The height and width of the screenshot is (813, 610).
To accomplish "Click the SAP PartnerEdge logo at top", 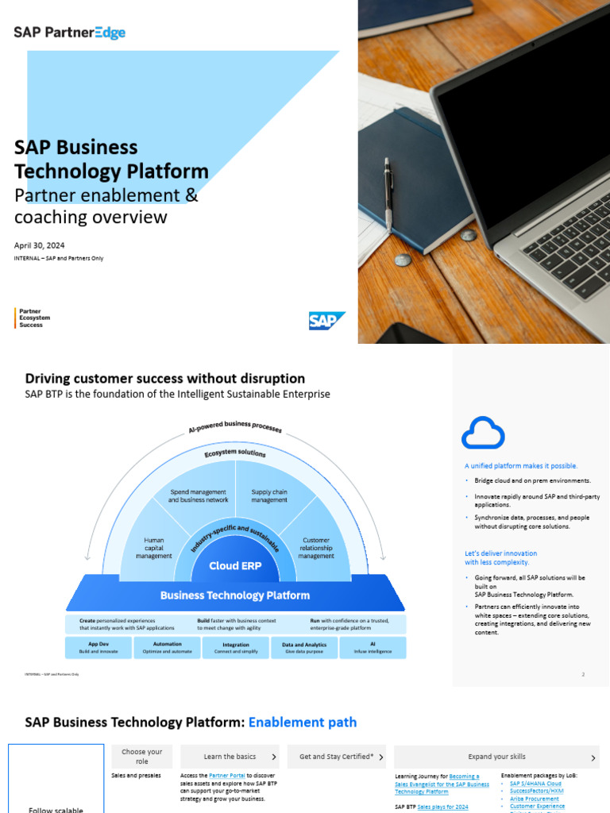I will point(70,33).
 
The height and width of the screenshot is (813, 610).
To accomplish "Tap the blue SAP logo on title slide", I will point(326,321).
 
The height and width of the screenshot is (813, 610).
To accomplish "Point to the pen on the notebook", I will point(388,191).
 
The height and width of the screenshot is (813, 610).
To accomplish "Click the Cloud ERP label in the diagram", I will point(235,566).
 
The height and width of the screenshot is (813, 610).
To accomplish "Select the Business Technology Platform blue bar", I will point(235,595).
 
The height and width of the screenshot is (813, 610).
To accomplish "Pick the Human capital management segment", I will point(153,548).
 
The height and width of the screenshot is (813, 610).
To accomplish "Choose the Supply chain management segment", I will point(269,495).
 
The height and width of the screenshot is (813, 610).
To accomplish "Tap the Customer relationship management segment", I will point(316,548).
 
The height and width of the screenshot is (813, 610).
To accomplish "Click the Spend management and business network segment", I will point(199,495).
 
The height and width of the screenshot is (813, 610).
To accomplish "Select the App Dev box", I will point(98,648).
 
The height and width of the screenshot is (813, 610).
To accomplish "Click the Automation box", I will point(167,648).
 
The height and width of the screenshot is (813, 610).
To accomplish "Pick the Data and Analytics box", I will point(305,648).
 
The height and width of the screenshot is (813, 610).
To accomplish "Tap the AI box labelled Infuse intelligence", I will point(373,648).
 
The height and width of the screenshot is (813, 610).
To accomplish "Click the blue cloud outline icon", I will point(483,433).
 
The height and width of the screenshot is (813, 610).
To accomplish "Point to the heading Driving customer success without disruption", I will point(165,379).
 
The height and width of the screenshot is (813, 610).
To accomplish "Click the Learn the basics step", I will point(230,757).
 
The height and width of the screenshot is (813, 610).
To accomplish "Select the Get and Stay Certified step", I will point(337,757).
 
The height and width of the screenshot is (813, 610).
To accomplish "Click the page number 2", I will point(583,674).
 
